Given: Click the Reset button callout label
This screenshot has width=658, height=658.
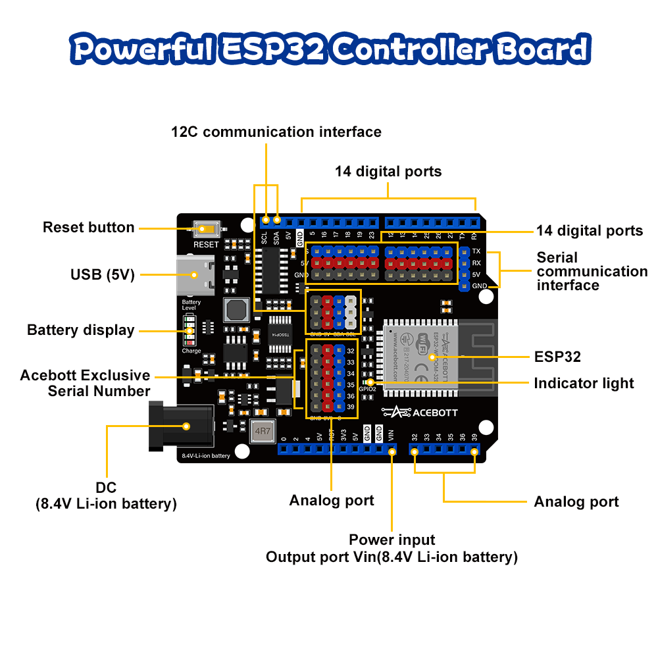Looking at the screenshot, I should [x=88, y=228].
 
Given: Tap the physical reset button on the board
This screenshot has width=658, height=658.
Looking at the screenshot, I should [x=206, y=230].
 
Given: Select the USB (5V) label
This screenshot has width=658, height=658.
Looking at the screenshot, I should [x=102, y=274].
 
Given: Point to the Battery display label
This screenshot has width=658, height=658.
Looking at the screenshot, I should [x=80, y=330].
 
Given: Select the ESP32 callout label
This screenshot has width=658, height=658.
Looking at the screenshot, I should [x=557, y=357].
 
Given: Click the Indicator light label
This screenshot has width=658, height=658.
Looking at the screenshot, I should [x=584, y=383].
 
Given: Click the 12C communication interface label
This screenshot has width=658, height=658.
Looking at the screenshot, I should [x=276, y=132].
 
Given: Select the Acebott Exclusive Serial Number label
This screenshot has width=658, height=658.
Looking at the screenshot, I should [x=86, y=383].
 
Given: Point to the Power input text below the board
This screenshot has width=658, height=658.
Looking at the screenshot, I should [x=392, y=540].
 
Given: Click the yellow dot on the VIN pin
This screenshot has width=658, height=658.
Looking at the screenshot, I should [x=392, y=451].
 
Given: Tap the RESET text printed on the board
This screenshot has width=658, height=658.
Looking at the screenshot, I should [x=206, y=245].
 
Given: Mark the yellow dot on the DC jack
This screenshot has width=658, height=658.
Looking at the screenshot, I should [x=186, y=426].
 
